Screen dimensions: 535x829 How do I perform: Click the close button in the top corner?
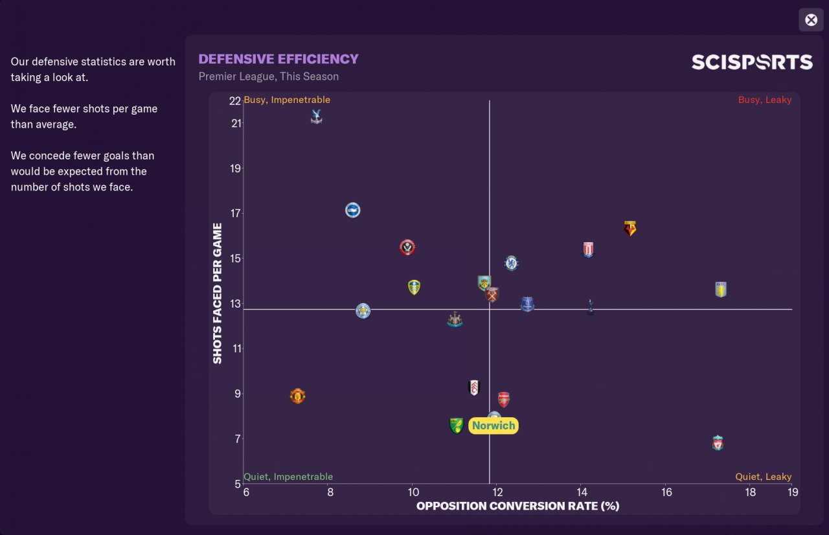[811, 20]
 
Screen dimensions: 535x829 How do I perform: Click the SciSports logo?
[752, 62]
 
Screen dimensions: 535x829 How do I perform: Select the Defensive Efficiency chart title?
[278, 59]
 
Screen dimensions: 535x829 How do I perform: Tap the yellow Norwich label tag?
[494, 426]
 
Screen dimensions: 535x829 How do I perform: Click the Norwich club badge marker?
[457, 426]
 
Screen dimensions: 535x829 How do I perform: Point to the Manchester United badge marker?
[297, 396]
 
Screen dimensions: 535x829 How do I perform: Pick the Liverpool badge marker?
[718, 443]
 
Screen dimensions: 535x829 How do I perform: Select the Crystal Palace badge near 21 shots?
[316, 117]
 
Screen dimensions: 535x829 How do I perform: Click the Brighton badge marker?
[352, 210]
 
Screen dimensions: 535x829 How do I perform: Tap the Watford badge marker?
[630, 228]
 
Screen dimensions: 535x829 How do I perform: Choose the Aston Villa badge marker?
[721, 290]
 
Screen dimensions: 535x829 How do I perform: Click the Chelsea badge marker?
[512, 263]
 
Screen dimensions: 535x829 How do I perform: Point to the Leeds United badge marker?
[414, 287]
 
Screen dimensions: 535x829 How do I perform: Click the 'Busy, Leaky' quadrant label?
[764, 100]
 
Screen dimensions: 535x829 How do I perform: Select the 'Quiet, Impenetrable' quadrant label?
[288, 477]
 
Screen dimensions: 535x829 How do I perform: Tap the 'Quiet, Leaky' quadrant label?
[763, 477]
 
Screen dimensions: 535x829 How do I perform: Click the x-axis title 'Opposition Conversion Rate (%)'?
[517, 506]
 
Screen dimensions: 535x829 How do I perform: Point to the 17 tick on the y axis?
[235, 213]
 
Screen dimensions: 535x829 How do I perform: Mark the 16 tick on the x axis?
[666, 492]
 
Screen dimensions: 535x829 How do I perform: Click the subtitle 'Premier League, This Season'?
[268, 76]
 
